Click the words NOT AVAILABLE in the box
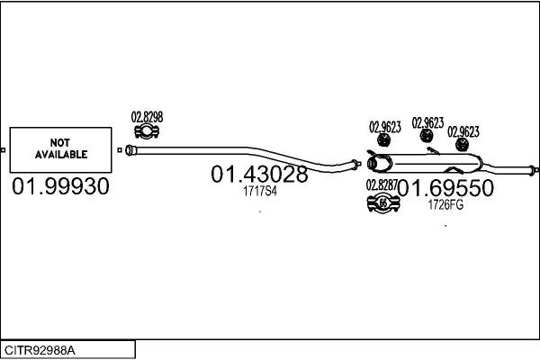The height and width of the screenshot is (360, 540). pos(61,148)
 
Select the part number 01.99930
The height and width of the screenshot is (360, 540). pos(61,187)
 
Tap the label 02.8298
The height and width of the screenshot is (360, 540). pos(147,117)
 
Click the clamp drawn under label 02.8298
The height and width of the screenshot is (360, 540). pos(147,134)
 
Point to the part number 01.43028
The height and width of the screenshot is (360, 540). pos(259,174)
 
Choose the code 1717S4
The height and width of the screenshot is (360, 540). pos(260,191)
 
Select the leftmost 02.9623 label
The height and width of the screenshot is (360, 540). pos(384,128)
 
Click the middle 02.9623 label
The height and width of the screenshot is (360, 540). pos(427,122)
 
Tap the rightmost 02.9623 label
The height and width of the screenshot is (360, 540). pos(463,131)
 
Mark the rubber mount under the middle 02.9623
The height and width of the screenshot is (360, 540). pos(427,137)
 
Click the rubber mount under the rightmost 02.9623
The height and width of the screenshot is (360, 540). pos(463,145)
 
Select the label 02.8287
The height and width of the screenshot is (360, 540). pos(382,186)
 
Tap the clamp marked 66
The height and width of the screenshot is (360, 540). pos(382,204)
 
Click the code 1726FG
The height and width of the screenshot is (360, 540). pos(445,205)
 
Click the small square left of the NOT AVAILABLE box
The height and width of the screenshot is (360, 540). pos(3,148)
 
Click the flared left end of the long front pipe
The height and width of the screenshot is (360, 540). pos(130,149)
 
